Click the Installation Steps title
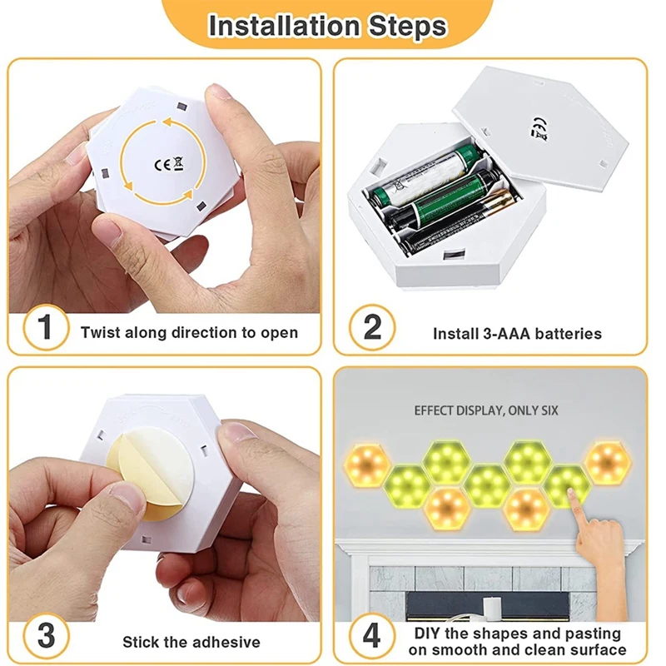click(327, 26)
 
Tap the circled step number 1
click(46, 327)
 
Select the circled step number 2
click(372, 327)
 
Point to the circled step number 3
click(46, 636)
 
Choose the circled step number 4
click(372, 636)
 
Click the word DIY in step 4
click(427, 634)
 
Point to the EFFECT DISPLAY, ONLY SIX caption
click(486, 410)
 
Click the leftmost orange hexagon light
click(366, 465)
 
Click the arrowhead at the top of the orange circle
click(167, 123)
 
